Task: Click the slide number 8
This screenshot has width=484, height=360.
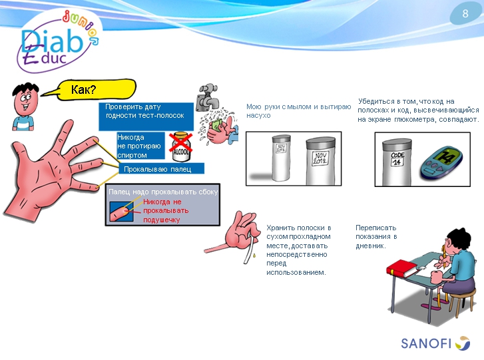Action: point(465,14)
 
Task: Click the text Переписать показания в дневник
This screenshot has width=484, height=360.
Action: point(376,236)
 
